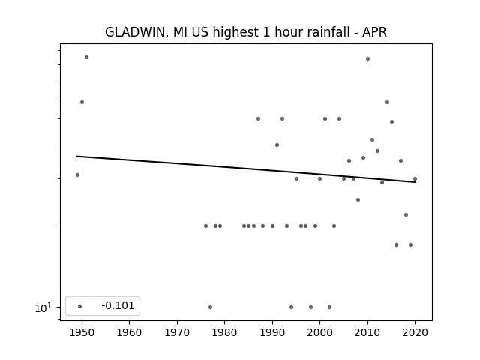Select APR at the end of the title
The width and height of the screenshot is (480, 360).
coord(374,32)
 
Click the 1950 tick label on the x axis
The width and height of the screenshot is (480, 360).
coord(82,332)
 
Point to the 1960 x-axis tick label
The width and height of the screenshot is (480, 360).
coord(129,332)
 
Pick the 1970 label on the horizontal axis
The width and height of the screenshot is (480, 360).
coord(177,332)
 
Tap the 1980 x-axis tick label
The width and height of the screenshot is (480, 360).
coord(225,332)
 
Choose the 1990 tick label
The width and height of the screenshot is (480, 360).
coord(272,332)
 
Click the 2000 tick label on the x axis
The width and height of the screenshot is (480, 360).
coord(320,332)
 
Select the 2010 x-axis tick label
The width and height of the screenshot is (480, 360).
coord(367,332)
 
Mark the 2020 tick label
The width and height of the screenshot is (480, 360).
coord(415,332)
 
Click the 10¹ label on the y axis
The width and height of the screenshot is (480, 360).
coord(43,307)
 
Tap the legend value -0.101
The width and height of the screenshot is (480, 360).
coord(118,305)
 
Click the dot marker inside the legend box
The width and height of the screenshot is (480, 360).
coord(80,306)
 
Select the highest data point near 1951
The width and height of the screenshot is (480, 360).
coord(87,57)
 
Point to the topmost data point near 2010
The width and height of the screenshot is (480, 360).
coord(367,58)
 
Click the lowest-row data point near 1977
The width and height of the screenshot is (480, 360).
coord(210,307)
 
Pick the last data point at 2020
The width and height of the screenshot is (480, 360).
coord(415,178)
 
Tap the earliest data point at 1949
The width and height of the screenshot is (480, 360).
coord(77,175)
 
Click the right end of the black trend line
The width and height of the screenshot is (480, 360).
coord(415,182)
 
